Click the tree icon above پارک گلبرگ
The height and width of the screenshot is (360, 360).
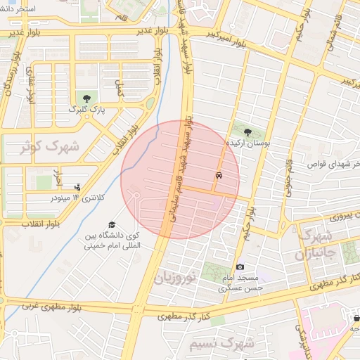87,98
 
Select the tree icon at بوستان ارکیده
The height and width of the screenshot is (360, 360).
247,130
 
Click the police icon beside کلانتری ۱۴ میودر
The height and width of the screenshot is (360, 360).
77,187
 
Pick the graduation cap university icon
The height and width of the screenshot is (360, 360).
112,224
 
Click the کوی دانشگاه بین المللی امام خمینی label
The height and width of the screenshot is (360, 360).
112,240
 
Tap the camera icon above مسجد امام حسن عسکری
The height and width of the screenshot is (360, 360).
240,267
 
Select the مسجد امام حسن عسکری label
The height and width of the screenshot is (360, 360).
240,283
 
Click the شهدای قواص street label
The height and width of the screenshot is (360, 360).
333,164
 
